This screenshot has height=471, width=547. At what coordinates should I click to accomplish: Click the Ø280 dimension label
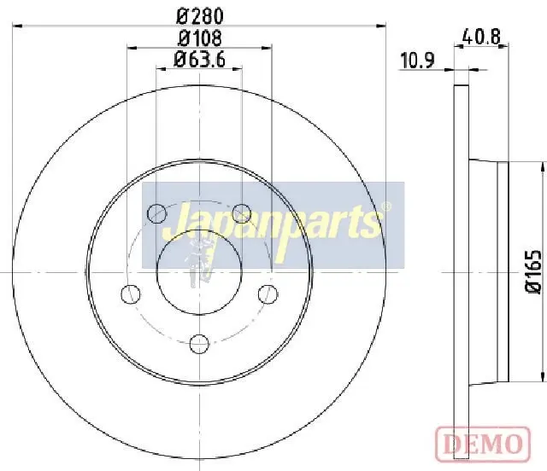point(200,16)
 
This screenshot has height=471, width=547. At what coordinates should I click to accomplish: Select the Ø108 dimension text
point(200,38)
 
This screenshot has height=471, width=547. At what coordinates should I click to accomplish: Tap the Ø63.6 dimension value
point(199,59)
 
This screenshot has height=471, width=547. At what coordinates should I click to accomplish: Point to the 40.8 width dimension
point(480,36)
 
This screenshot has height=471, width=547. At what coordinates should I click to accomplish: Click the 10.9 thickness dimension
point(417,61)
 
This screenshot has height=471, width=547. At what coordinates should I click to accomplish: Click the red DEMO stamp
point(483,444)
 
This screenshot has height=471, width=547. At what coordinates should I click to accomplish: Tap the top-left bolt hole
point(156,213)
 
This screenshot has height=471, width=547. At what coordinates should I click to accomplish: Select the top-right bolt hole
point(242,213)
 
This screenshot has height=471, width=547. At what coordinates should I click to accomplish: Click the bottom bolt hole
point(199,344)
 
